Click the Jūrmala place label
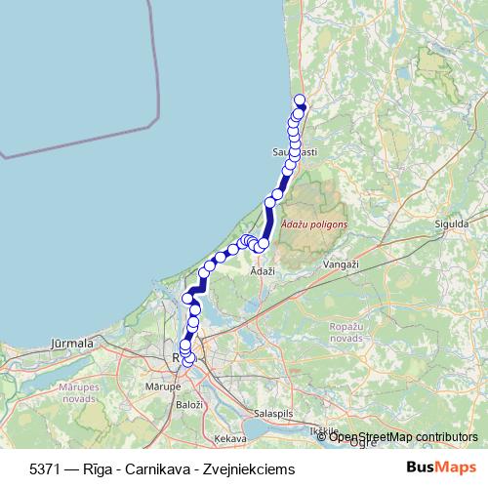coord(70,344)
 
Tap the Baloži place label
coord(188,403)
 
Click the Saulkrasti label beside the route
coord(294,153)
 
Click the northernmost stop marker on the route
coord(300,99)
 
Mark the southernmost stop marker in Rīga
coord(189,362)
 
